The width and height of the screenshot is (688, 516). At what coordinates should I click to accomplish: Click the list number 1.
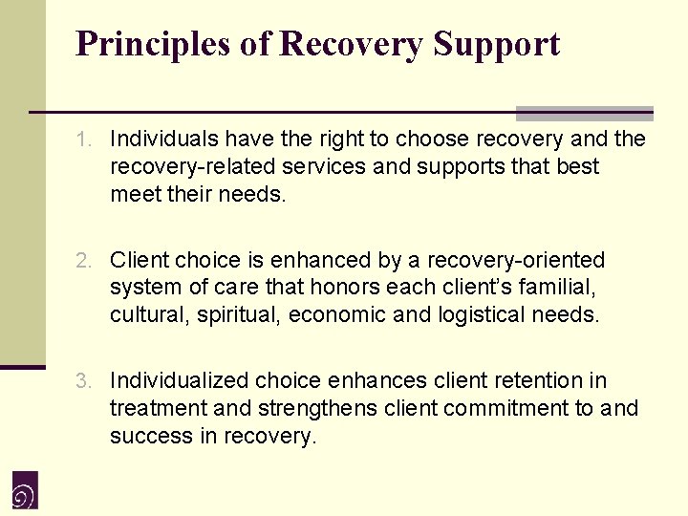click(85, 140)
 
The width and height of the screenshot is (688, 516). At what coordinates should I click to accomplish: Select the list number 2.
click(85, 260)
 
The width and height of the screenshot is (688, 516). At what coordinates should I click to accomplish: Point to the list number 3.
click(85, 381)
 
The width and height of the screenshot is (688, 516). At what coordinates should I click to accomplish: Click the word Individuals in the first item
click(157, 140)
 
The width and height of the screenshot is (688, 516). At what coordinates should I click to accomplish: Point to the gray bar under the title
click(584, 114)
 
